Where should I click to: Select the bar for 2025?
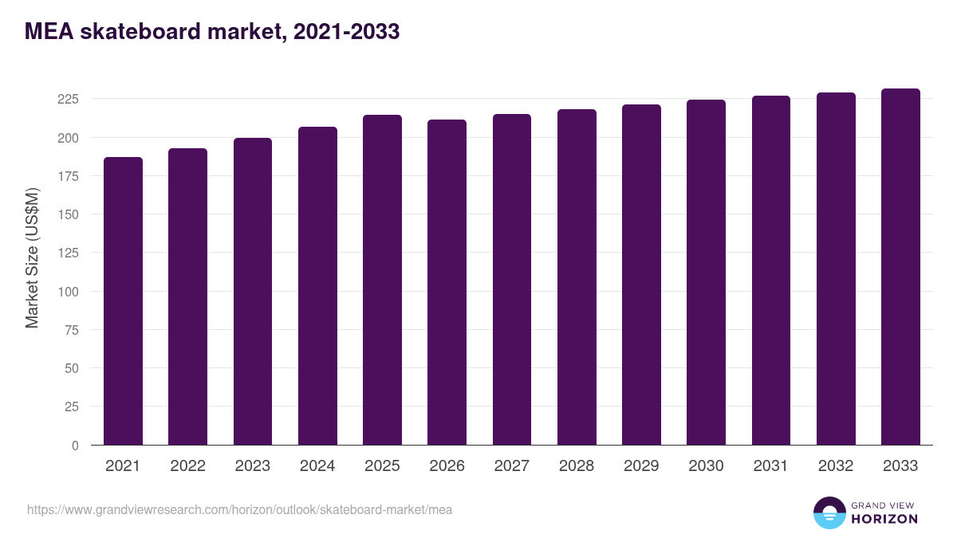click(x=382, y=280)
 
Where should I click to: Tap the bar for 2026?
click(x=447, y=282)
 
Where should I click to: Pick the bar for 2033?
click(x=900, y=267)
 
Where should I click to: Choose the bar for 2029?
click(x=641, y=275)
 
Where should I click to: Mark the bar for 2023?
click(x=253, y=292)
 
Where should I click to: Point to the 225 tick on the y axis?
click(x=68, y=99)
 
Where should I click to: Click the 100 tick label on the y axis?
click(x=68, y=292)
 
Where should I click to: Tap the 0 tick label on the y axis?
click(x=75, y=446)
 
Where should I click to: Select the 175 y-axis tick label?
click(x=68, y=176)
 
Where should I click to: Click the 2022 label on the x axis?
click(x=187, y=466)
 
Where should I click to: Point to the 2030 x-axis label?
click(x=706, y=466)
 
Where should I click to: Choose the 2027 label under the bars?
click(x=511, y=466)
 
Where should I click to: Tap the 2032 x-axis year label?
click(x=836, y=466)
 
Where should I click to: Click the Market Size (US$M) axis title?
click(x=32, y=257)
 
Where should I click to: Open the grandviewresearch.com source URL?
click(x=239, y=509)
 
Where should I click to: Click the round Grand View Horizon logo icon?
click(x=829, y=512)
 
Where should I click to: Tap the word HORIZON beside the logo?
click(x=884, y=519)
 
